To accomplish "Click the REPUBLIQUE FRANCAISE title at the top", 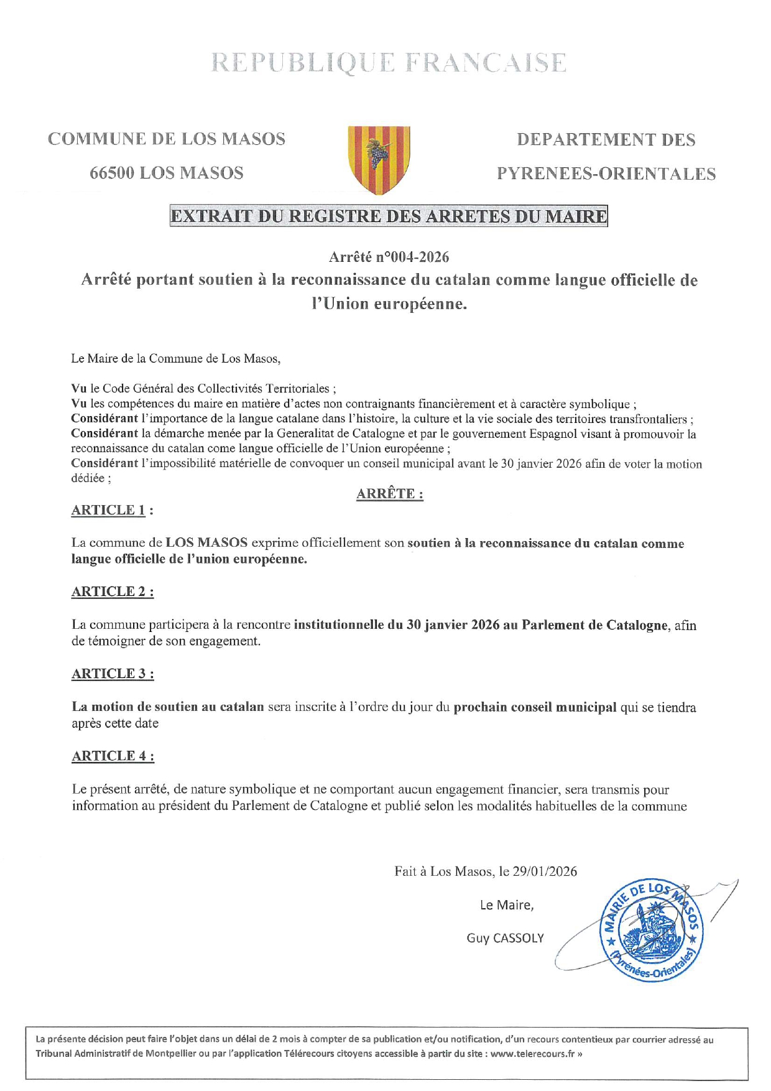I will coord(389,63).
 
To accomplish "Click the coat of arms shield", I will coord(379,159).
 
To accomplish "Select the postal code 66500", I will coord(112,173).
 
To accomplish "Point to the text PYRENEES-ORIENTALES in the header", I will coord(606,174).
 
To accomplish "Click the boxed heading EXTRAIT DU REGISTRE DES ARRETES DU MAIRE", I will coord(389,216).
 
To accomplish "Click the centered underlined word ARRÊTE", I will coord(389,494).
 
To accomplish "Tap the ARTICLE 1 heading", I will coord(111,510).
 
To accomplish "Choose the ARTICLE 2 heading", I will coord(112,592).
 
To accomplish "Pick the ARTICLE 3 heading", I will coord(112,674).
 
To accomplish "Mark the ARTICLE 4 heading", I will coord(112,756).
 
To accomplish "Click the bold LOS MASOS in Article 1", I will coord(206,542).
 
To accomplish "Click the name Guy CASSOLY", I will coord(505,938).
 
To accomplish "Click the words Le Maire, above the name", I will coord(506,905).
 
